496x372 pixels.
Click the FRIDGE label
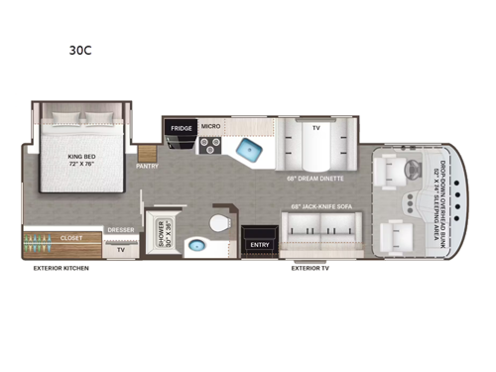tap(181, 127)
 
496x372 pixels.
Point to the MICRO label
tap(210, 127)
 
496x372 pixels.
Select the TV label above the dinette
tap(315, 127)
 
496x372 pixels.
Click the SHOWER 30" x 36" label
tap(161, 233)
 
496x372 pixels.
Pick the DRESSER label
tap(120, 230)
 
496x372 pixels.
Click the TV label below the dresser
tap(121, 250)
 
